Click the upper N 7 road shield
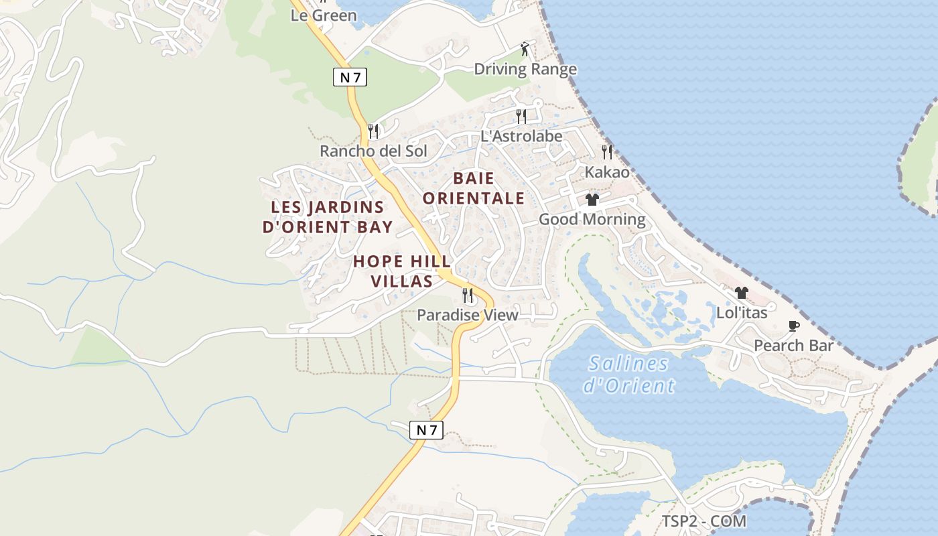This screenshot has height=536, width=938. [350, 77]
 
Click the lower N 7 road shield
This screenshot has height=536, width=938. [426, 430]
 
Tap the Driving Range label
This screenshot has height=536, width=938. [525, 69]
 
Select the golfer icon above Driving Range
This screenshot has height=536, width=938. [525, 49]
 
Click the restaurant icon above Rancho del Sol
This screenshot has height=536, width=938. [373, 131]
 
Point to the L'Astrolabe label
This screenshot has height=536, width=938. [521, 136]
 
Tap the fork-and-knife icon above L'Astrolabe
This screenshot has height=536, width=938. [521, 117]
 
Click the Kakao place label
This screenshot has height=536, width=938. [607, 172]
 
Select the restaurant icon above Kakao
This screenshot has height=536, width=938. [607, 152]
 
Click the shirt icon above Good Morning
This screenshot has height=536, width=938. [592, 200]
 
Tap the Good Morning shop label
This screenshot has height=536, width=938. [592, 219]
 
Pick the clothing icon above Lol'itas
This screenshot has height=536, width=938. [742, 293]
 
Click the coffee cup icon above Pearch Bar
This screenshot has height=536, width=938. [794, 326]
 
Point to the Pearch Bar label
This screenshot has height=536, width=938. [794, 346]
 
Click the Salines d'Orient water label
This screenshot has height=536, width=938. [628, 375]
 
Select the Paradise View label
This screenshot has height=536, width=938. [468, 315]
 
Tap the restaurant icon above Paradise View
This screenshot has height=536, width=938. [468, 295]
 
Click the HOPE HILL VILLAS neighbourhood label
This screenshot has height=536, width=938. [402, 271]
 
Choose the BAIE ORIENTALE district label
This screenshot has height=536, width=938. [474, 188]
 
